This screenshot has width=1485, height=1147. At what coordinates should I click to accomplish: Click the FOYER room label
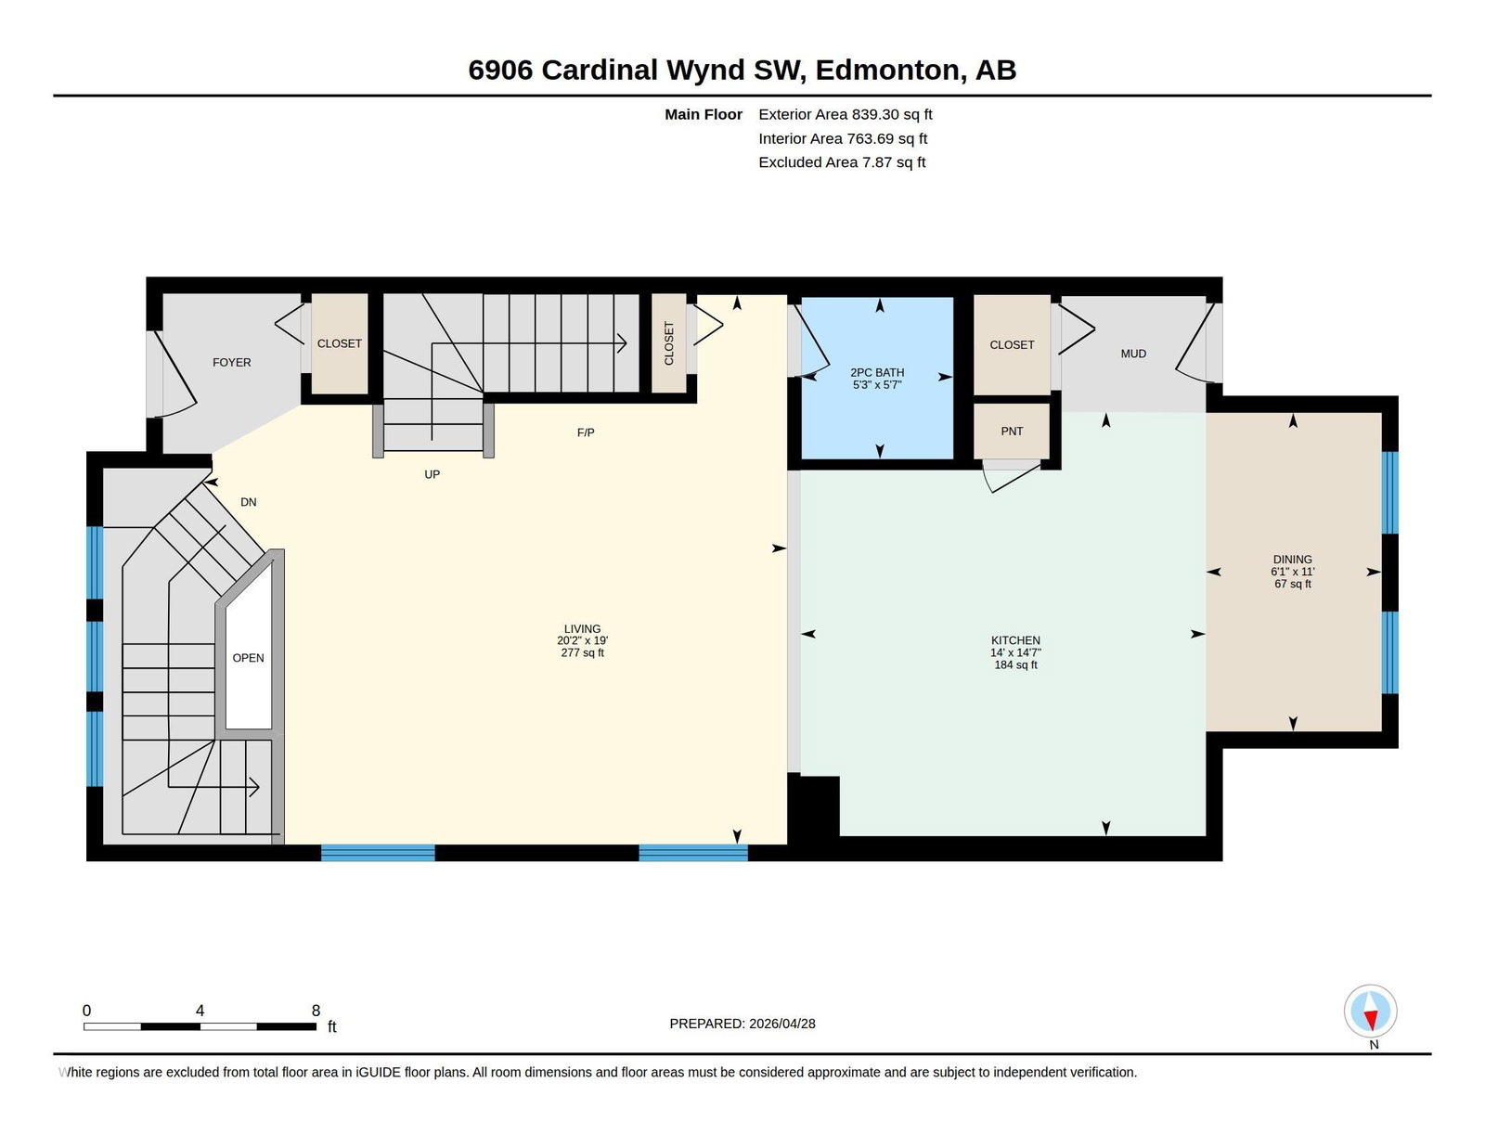(x=232, y=362)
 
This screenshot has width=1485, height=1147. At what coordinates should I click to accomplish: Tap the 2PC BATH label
(x=877, y=372)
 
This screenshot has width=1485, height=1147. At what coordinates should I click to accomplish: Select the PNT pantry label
(x=1012, y=432)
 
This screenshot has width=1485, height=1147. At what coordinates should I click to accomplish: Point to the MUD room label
(x=1133, y=354)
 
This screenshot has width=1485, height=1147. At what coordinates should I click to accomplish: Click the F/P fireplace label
(x=586, y=432)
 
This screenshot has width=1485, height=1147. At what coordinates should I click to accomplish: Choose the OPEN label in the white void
(x=248, y=658)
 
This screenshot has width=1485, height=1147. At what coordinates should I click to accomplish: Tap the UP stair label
(x=432, y=474)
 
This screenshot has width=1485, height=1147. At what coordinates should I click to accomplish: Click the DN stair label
(x=248, y=502)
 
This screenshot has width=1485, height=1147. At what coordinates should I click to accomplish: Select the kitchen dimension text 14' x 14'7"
(x=1015, y=652)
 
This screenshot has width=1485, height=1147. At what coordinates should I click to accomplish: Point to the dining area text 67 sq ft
(x=1292, y=584)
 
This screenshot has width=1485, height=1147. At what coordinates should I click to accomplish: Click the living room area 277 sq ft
(x=582, y=652)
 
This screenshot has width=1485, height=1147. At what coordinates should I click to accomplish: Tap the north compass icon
(x=1370, y=1012)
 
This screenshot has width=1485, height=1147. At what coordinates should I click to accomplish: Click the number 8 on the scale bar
(x=316, y=1011)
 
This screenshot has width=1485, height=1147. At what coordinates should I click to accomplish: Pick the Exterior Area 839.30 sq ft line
(x=846, y=114)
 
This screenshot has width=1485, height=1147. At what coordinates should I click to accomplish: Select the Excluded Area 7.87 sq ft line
(x=842, y=161)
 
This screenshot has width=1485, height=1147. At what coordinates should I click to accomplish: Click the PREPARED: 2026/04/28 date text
(x=742, y=1024)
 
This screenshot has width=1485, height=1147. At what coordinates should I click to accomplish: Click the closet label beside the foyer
(x=339, y=343)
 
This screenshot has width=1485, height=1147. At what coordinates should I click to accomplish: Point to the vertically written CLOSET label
(x=669, y=343)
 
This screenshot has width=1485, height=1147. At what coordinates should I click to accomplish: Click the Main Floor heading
(x=704, y=114)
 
